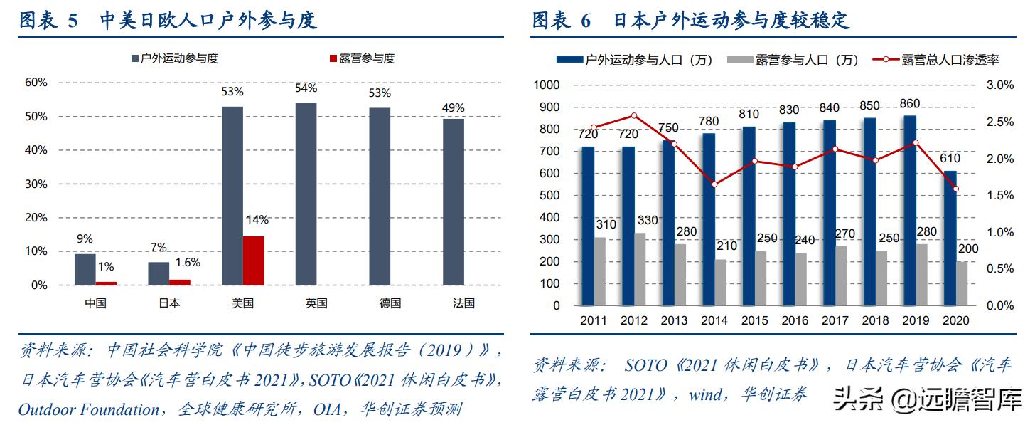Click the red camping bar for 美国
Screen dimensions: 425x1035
point(254,261)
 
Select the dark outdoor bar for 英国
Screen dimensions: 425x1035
point(306,194)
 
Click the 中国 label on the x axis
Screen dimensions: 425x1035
point(95,303)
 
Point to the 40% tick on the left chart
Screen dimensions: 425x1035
point(36,150)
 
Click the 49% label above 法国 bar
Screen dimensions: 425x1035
point(454,108)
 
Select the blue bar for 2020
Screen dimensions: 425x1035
point(950,238)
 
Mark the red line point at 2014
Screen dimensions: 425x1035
point(714,184)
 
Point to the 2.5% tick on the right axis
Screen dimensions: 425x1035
point(999,122)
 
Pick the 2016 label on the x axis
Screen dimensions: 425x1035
point(795,321)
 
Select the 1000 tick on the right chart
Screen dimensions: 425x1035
point(548,85)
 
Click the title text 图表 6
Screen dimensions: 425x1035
point(562,21)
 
